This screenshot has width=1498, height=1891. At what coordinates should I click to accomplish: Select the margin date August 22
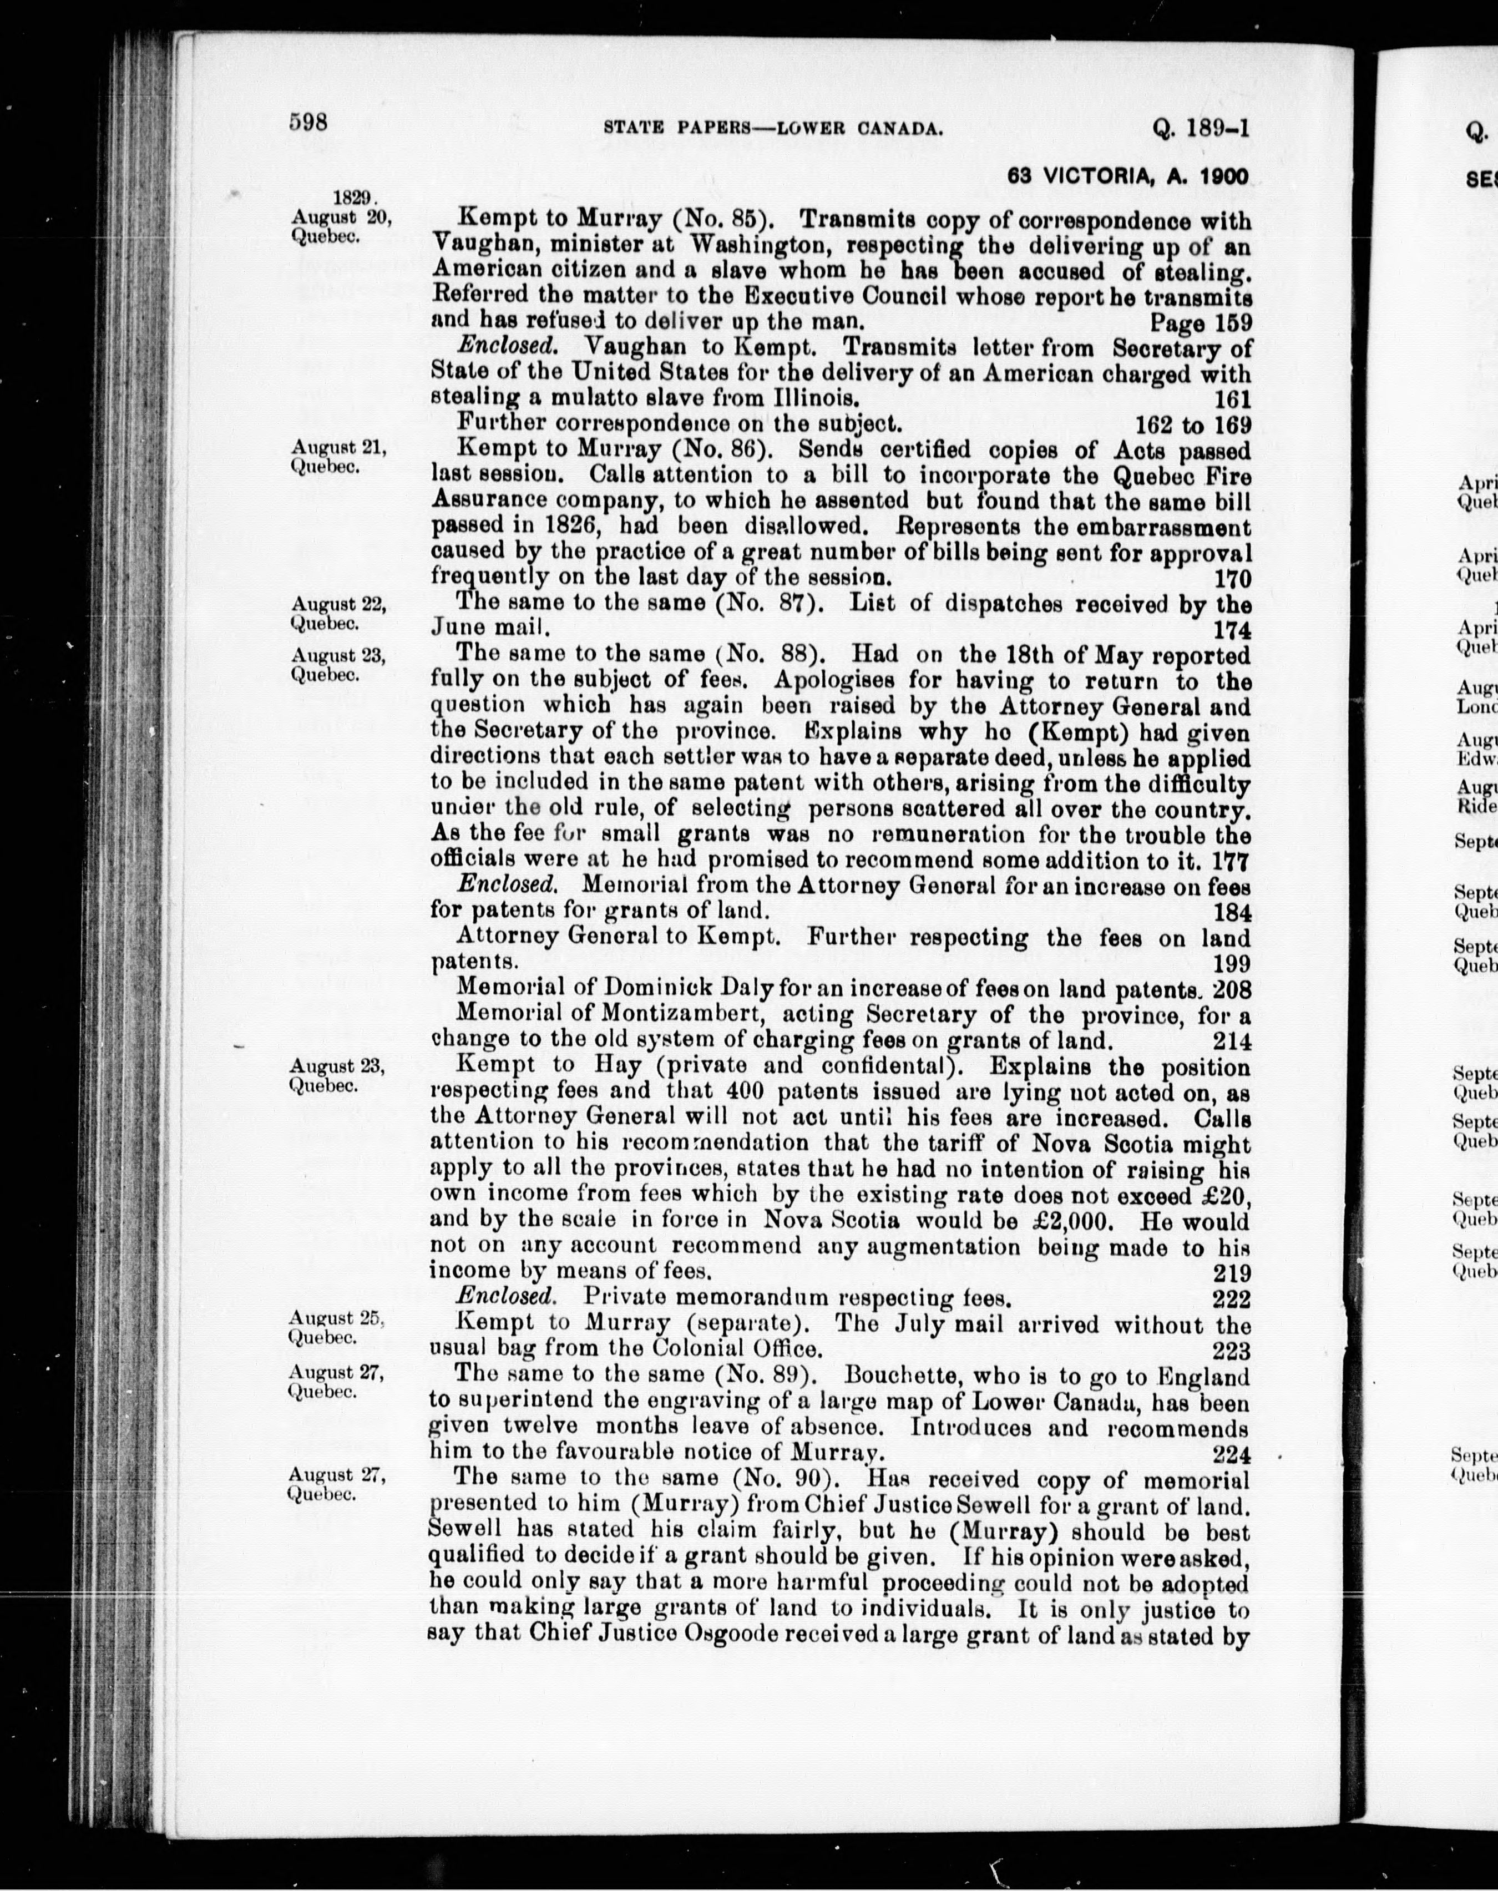tap(338, 604)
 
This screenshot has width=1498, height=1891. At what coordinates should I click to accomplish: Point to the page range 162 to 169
tap(1193, 426)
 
